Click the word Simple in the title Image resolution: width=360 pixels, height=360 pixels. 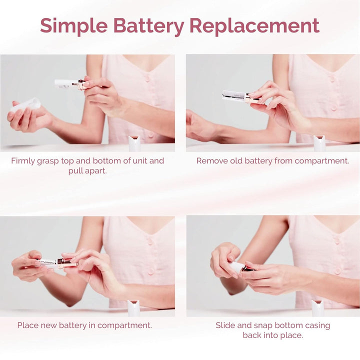73,25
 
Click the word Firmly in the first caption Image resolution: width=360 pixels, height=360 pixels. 25,161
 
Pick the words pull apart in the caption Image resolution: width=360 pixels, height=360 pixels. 88,171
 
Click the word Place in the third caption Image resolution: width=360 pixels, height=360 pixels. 28,325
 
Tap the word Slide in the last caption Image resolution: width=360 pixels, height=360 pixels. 225,325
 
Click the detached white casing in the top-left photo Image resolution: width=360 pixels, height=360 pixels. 26,105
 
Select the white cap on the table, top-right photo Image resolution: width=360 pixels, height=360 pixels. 319,143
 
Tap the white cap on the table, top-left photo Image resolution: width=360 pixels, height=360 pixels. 134,143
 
